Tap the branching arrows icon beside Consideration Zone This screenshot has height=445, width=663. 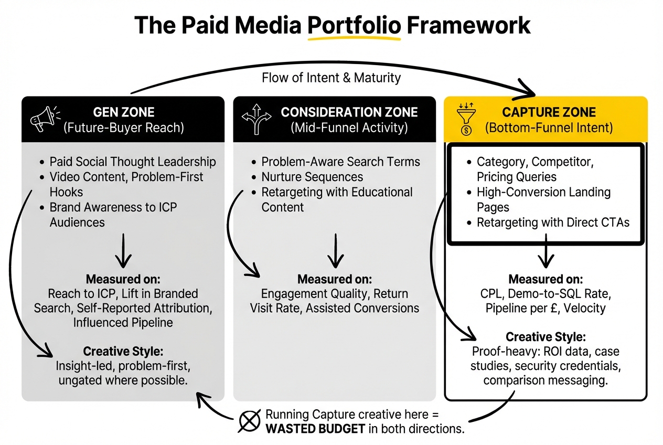[256, 119]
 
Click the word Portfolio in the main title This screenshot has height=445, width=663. [354, 25]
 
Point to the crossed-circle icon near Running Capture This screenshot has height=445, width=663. [250, 420]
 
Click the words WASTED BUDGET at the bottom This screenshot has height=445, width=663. [315, 428]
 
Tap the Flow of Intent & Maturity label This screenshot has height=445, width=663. [331, 78]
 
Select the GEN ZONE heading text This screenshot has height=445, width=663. [124, 112]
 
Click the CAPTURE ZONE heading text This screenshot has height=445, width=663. [549, 112]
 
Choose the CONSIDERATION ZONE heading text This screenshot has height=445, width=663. [349, 112]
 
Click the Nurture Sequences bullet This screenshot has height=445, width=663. [312, 177]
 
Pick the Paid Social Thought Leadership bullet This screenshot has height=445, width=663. [133, 162]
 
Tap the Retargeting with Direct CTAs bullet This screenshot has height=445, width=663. [553, 222]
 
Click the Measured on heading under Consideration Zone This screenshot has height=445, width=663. [335, 279]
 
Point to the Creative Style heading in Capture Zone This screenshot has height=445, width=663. [546, 337]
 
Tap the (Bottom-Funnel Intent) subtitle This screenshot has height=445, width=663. [549, 128]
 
